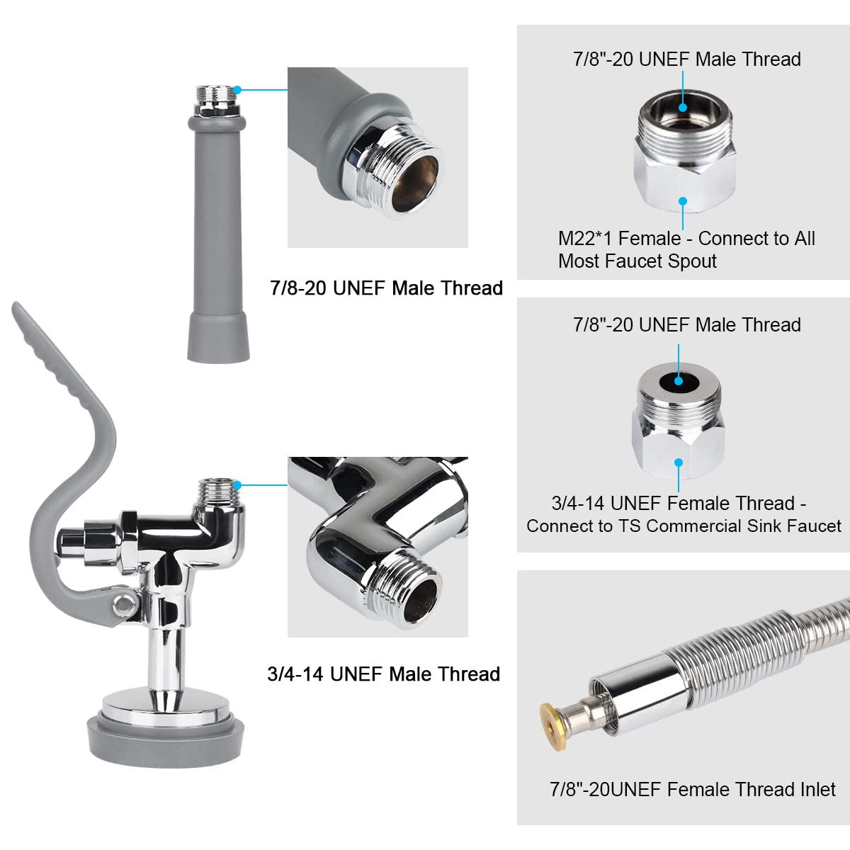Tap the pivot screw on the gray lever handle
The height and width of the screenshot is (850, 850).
coord(125,605)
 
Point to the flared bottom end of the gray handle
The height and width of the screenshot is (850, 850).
coord(218,340)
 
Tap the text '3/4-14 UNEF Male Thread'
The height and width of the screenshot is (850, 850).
coord(383,674)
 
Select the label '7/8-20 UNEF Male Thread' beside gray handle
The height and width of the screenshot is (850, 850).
coord(386,288)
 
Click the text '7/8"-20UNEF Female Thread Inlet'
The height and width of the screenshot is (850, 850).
coord(692,789)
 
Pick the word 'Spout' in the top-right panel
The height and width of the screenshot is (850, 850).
coord(692,261)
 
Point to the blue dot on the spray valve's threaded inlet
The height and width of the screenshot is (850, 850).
coord(238,485)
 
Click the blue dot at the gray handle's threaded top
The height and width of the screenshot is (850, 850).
coord(238,90)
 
